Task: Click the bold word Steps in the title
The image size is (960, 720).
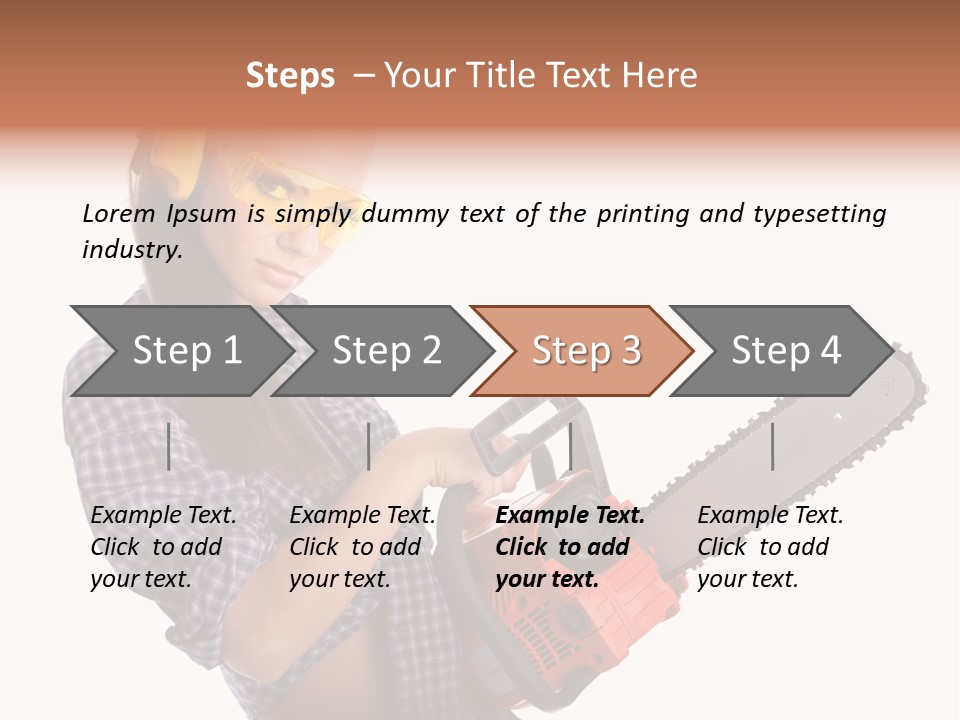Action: (x=290, y=76)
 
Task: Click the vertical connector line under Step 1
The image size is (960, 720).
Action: (x=169, y=446)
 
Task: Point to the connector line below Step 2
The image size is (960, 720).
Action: (x=369, y=446)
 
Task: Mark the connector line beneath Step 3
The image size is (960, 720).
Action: (x=570, y=446)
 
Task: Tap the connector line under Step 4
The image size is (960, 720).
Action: (x=772, y=446)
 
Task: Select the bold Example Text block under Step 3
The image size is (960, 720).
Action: (x=569, y=547)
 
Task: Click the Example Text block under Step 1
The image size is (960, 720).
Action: (x=163, y=547)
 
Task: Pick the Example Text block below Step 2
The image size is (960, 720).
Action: (x=362, y=547)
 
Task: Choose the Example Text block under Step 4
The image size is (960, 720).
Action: (x=769, y=547)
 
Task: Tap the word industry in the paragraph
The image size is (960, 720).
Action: (x=130, y=250)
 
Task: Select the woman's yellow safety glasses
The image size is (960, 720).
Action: (x=300, y=205)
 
